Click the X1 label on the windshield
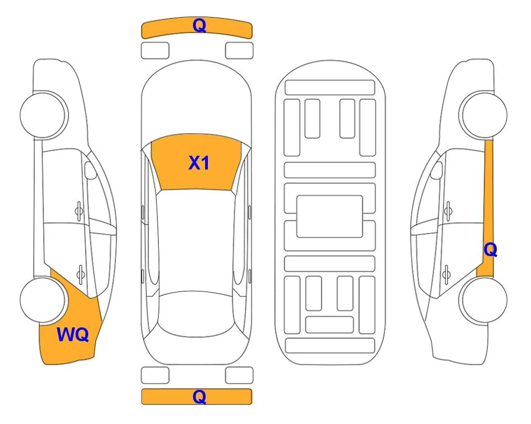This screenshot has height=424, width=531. [x=199, y=163]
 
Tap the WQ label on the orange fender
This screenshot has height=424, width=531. [x=73, y=335]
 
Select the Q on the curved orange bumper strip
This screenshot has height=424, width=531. [x=200, y=25]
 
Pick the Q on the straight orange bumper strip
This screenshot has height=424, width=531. [x=200, y=396]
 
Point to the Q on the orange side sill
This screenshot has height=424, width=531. [x=490, y=250]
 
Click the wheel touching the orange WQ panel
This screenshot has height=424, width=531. [x=42, y=300]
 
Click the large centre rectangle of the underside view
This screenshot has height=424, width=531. [x=330, y=216]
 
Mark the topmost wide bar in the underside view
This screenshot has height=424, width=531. [x=330, y=88]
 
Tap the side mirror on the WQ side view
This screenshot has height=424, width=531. [x=90, y=170]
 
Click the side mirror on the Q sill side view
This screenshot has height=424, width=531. [x=437, y=170]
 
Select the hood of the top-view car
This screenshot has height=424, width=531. [x=196, y=102]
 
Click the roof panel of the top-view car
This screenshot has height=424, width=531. [x=196, y=241]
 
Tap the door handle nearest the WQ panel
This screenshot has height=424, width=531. [x=81, y=273]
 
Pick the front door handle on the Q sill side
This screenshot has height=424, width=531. [x=448, y=211]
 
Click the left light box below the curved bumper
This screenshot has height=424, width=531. [x=155, y=51]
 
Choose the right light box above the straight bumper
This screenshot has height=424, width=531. [x=239, y=375]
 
